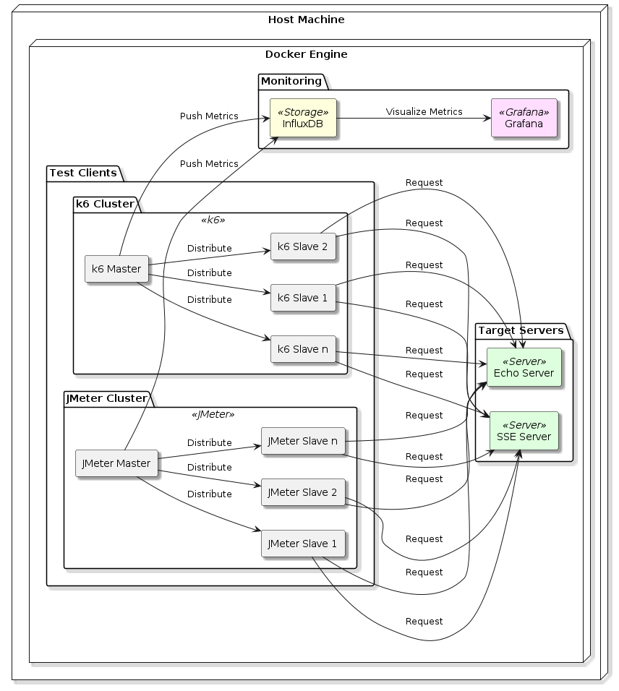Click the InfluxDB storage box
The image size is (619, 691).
point(303,118)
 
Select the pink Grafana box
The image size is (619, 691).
point(524,118)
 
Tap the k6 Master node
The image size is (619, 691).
point(116,269)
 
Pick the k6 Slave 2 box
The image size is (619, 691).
point(303,246)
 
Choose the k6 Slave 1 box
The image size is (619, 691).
point(303,298)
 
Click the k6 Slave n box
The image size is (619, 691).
point(303,349)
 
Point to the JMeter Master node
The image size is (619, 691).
point(116,463)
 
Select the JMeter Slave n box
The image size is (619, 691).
point(302,441)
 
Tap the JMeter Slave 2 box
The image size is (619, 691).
point(302,492)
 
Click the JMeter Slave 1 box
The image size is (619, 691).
point(302,544)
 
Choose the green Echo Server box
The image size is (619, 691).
point(524,367)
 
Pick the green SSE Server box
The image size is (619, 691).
point(524,431)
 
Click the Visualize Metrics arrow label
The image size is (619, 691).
point(424,112)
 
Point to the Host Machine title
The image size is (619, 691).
point(306,20)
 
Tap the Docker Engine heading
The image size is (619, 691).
point(306,54)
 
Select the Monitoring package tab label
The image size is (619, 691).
point(291,81)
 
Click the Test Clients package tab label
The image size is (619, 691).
point(82,173)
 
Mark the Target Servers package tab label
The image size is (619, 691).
point(521,330)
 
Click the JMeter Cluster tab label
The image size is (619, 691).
point(106,398)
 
